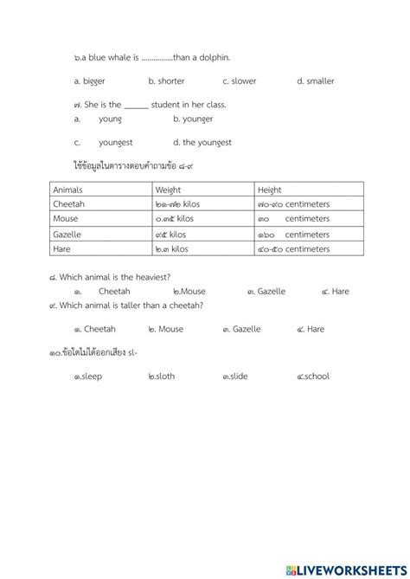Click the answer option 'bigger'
(93, 81)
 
